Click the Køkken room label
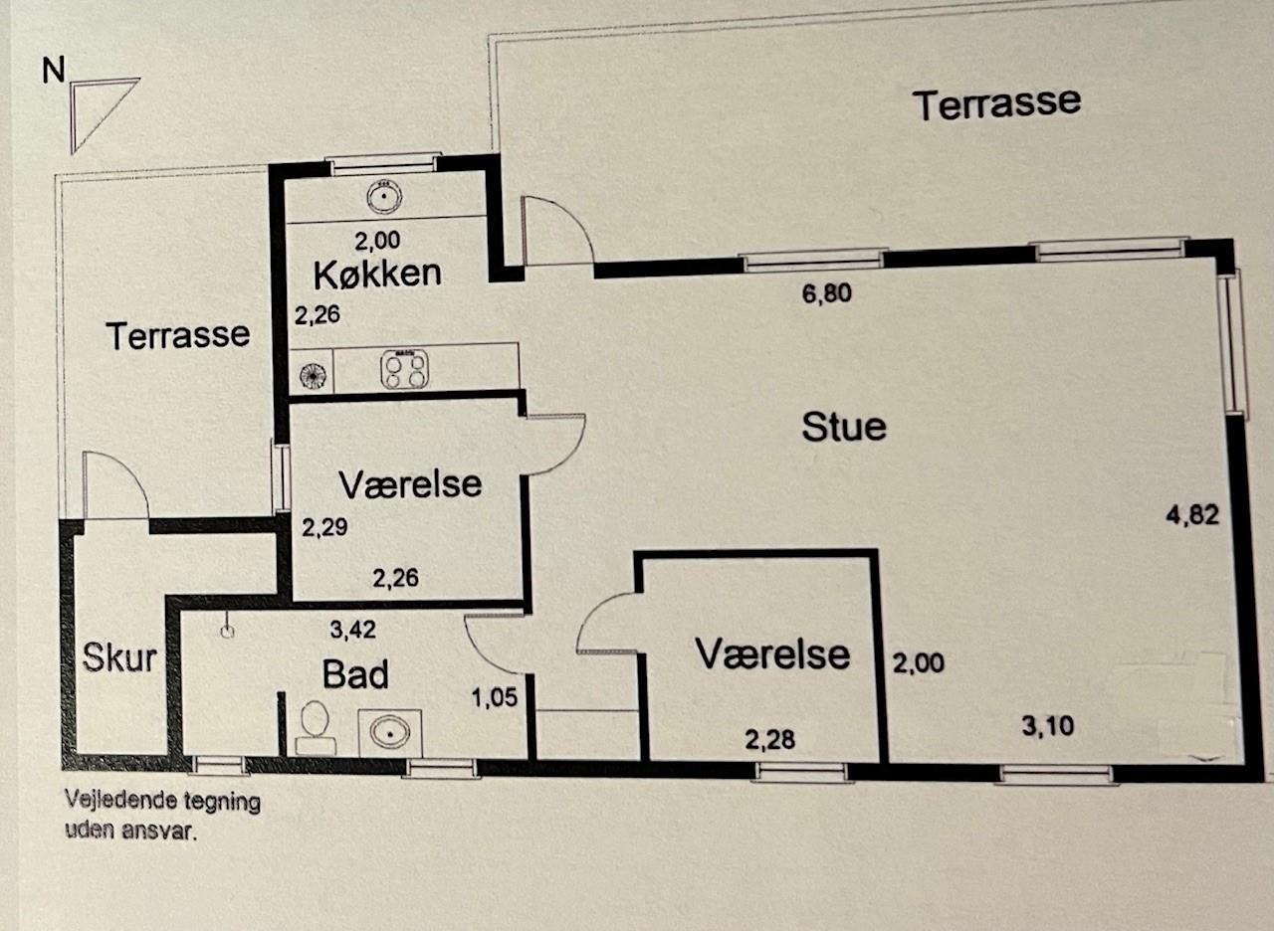coord(377,274)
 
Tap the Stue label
coord(844,428)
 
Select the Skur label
coord(119,657)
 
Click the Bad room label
coord(355,674)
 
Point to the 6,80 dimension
coord(827,293)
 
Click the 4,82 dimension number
coord(1192,515)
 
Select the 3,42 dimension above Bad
coord(352,630)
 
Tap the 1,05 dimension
coord(495,697)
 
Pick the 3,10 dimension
coord(1048,726)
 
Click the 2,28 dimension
coord(770,739)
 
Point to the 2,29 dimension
coord(324,527)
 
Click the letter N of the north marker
coord(54,71)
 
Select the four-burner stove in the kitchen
coord(404,369)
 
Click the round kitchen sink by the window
coord(384,197)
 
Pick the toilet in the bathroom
coord(315,728)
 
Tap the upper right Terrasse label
coord(996,104)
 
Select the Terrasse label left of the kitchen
coord(178,335)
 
